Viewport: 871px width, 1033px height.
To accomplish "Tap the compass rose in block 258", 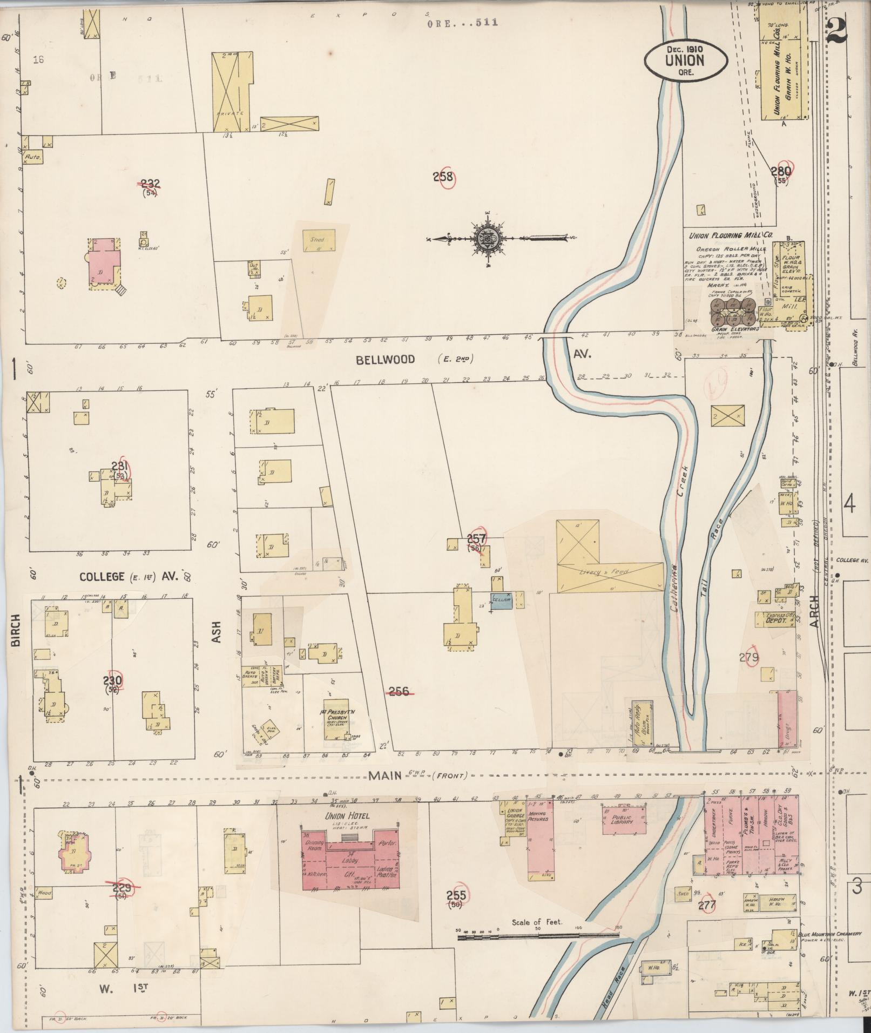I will pos(488,238).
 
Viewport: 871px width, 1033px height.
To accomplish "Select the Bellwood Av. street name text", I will pos(385,359).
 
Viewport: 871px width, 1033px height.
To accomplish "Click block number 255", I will pos(457,896).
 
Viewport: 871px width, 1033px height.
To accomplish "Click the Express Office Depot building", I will pos(776,619).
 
